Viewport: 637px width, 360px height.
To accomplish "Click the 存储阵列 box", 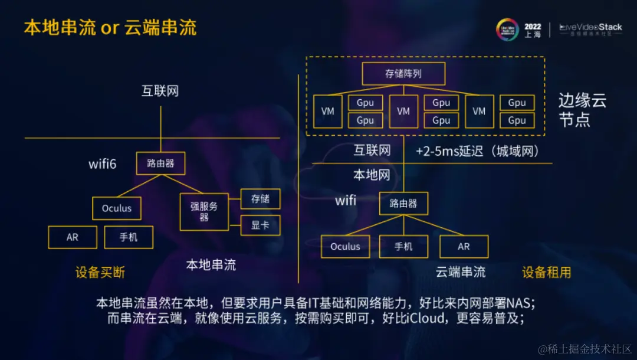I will point(403,74).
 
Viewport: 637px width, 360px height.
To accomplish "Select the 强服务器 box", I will point(203,212).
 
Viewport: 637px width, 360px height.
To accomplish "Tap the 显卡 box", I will point(260,225).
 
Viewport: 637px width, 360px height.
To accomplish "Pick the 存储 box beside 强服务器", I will point(260,199).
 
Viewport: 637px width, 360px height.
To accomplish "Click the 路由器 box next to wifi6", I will point(160,163).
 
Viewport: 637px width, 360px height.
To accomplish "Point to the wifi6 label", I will point(103,163).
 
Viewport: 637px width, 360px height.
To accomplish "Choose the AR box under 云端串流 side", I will point(464,247).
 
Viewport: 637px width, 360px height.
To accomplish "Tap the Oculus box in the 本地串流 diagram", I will point(117,208).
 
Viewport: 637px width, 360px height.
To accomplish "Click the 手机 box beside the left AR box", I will point(129,237).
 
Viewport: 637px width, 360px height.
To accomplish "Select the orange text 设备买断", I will point(100,272).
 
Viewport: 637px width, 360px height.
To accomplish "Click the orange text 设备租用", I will point(546,272).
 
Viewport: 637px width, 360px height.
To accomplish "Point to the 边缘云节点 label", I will point(582,110).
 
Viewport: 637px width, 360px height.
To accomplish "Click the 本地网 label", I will point(372,175).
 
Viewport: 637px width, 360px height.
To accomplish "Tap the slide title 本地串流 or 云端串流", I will point(110,28).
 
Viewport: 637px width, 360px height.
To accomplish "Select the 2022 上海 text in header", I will point(532,30).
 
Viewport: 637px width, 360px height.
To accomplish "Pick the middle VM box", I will point(403,111).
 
